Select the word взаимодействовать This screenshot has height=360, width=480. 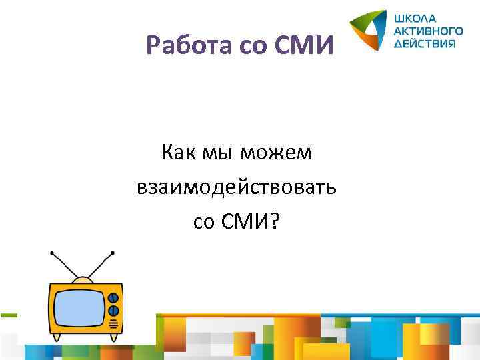(x=237, y=187)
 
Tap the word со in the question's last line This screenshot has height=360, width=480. (x=203, y=221)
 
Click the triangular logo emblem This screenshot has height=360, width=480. (x=369, y=31)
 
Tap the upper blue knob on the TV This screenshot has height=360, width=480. (x=113, y=297)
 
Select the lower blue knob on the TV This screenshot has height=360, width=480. (x=113, y=311)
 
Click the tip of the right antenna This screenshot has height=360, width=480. (x=113, y=253)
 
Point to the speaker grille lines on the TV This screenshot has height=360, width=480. (x=113, y=325)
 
